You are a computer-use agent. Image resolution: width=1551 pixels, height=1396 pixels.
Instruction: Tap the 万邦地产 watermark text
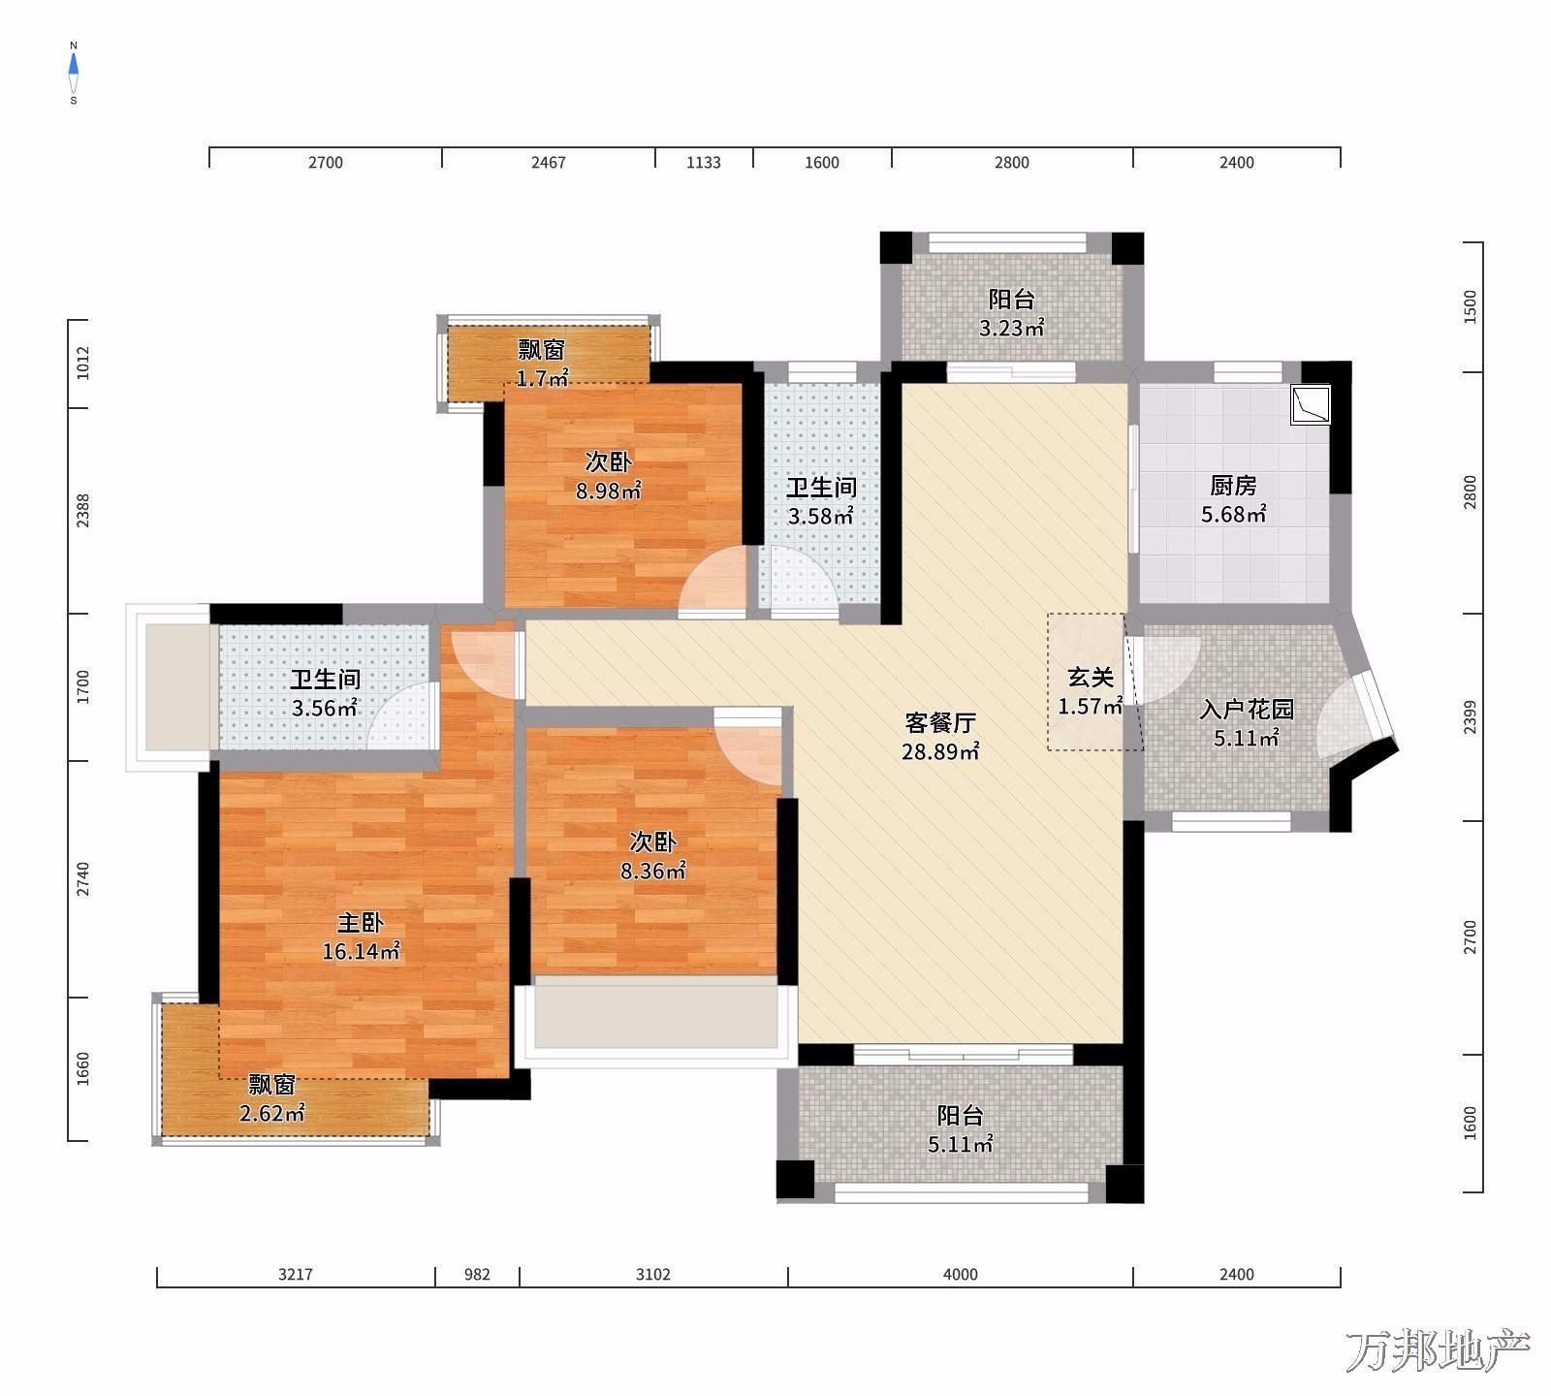click(1437, 1349)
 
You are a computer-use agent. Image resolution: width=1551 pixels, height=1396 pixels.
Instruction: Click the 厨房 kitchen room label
click(1233, 486)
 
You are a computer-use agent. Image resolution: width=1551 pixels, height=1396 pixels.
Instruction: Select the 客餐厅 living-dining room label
click(940, 723)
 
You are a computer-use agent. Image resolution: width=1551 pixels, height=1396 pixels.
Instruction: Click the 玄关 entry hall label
click(1091, 679)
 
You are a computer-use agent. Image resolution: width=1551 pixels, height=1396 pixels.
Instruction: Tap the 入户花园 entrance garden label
click(1247, 710)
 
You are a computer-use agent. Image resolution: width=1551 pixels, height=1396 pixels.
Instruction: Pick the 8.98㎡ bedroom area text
click(608, 492)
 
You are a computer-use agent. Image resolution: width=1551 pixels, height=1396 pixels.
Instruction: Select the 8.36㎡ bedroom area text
click(653, 872)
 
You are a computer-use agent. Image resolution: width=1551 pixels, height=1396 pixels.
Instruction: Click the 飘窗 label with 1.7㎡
click(541, 349)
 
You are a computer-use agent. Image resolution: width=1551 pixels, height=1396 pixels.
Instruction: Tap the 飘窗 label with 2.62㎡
click(272, 1085)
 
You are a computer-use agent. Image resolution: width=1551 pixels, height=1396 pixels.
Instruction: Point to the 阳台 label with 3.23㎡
click(1011, 300)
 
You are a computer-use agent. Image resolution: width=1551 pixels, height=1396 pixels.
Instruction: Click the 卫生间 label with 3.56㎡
click(325, 680)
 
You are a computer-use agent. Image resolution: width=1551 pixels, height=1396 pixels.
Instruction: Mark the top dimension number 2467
click(548, 163)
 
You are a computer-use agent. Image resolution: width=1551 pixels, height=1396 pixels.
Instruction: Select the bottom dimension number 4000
click(961, 1275)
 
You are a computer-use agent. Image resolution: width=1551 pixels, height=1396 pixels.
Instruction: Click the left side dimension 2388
click(83, 511)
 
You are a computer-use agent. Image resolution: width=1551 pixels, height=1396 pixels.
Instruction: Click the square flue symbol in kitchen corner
click(1311, 404)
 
